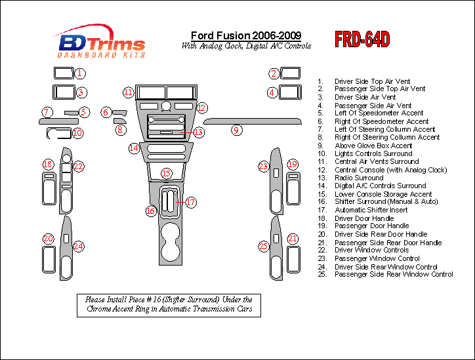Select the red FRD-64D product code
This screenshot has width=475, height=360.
coord(362,40)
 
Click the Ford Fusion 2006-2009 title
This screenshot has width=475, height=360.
coord(246,35)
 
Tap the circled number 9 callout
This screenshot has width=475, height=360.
coord(236,130)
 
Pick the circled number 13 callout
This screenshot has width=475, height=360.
coord(198,132)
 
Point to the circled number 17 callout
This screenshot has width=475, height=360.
coord(190,203)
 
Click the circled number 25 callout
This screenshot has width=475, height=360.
coord(264,246)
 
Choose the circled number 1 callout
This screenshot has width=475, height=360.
coord(79,73)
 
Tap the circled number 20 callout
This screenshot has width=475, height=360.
coord(48,239)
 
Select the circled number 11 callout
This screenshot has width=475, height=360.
coord(129,92)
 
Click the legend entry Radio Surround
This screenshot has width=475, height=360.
coord(359,178)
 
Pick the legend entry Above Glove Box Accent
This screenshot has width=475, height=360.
coord(373,146)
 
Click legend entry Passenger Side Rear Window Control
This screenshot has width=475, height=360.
coord(394,274)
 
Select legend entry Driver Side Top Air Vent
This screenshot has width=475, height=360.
coord(372,81)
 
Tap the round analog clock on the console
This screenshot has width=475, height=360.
coord(167,106)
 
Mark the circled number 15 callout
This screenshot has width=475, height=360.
coord(167,173)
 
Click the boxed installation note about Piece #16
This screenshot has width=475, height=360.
coord(169,304)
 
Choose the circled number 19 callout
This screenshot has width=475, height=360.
coord(293,164)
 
